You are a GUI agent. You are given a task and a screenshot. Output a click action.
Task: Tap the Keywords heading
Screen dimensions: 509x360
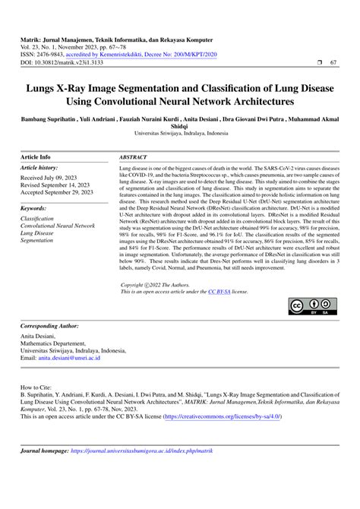35,207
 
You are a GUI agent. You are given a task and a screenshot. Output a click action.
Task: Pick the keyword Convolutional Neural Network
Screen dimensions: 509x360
58,226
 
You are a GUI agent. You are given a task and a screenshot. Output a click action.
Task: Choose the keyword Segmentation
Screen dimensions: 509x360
37,241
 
